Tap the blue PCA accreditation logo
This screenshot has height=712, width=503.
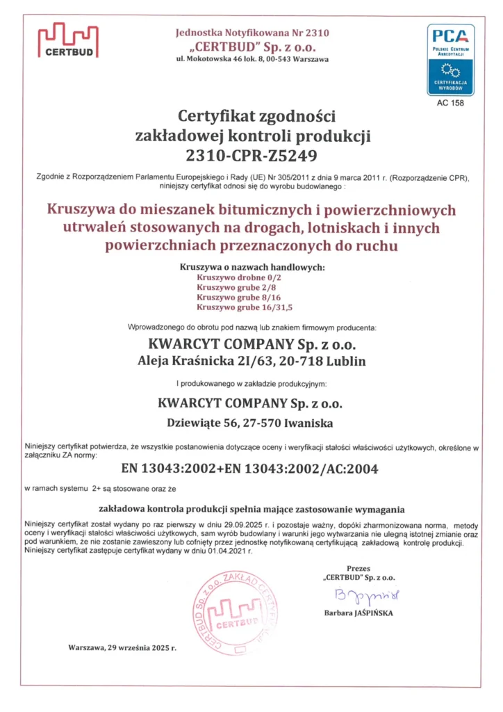click(451, 60)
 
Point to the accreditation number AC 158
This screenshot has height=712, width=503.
click(451, 103)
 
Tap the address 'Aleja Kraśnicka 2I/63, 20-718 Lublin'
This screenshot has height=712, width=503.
click(251, 361)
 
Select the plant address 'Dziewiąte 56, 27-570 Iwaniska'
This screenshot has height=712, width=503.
click(251, 422)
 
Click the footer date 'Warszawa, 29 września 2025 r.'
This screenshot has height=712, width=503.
click(122, 647)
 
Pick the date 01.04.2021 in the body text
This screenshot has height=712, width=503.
click(232, 550)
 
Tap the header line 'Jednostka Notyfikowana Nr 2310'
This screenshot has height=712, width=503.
click(252, 33)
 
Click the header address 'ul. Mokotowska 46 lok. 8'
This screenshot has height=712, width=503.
click(221, 59)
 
